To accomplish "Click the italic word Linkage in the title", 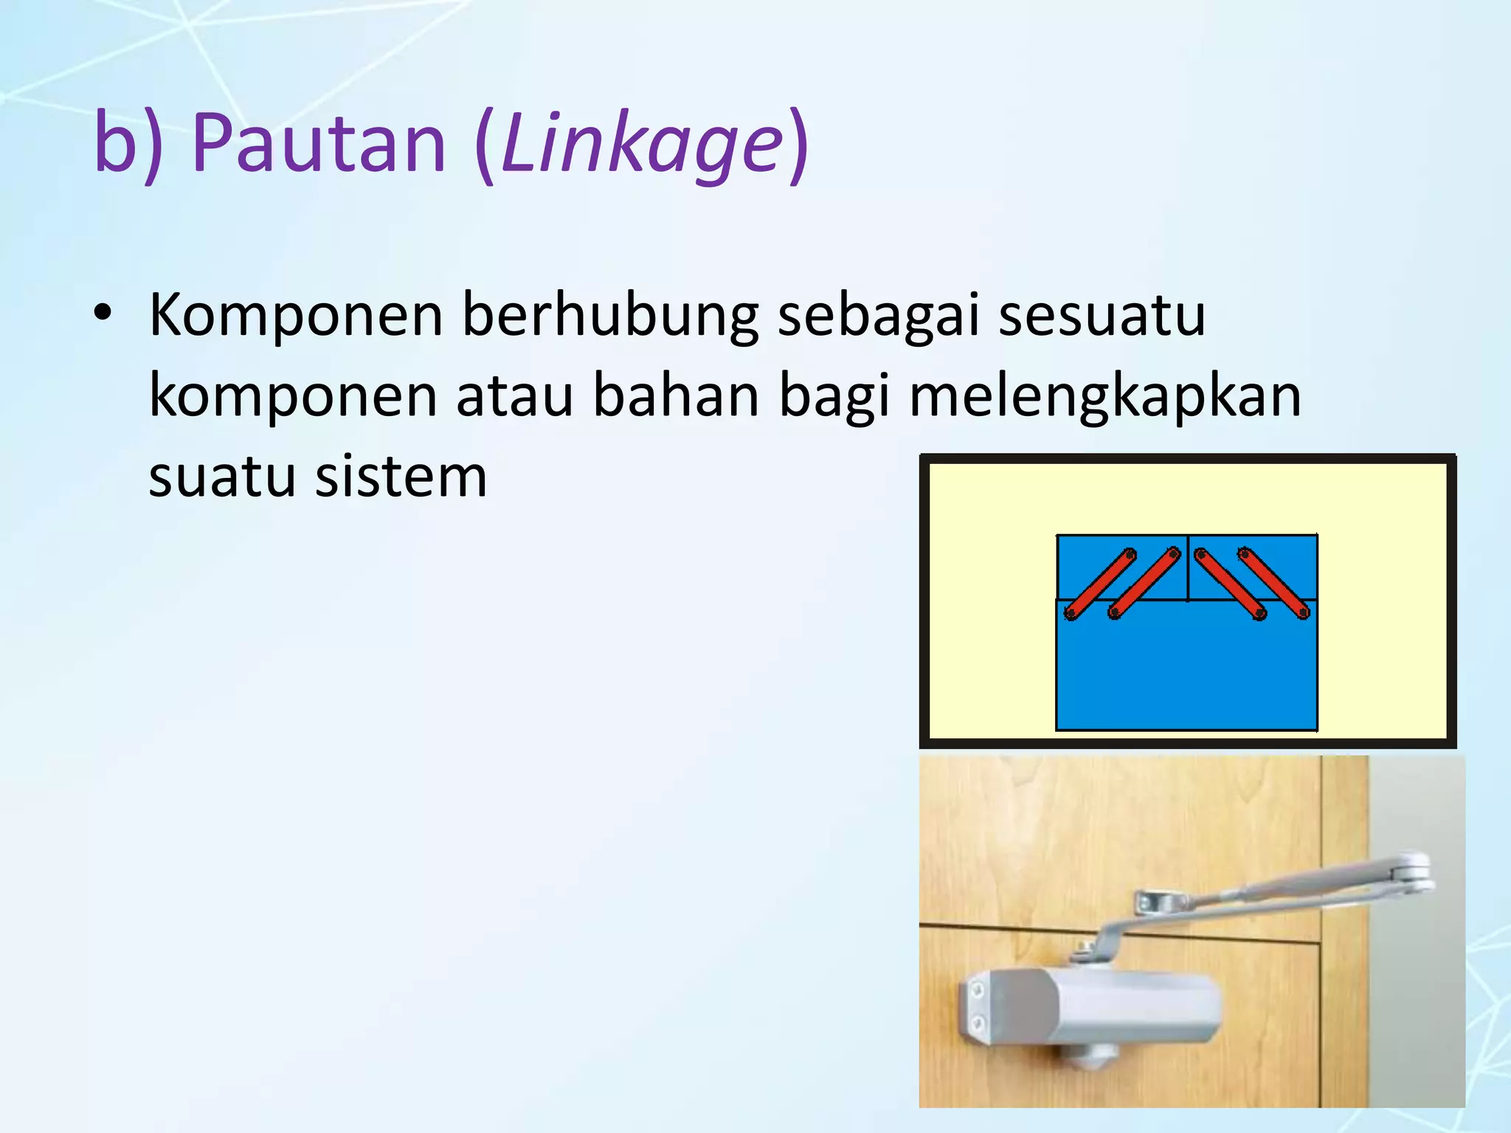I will pyautogui.click(x=640, y=145).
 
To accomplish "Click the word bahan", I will pyautogui.click(x=676, y=397).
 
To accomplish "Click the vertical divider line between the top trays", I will pyautogui.click(x=1188, y=568).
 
